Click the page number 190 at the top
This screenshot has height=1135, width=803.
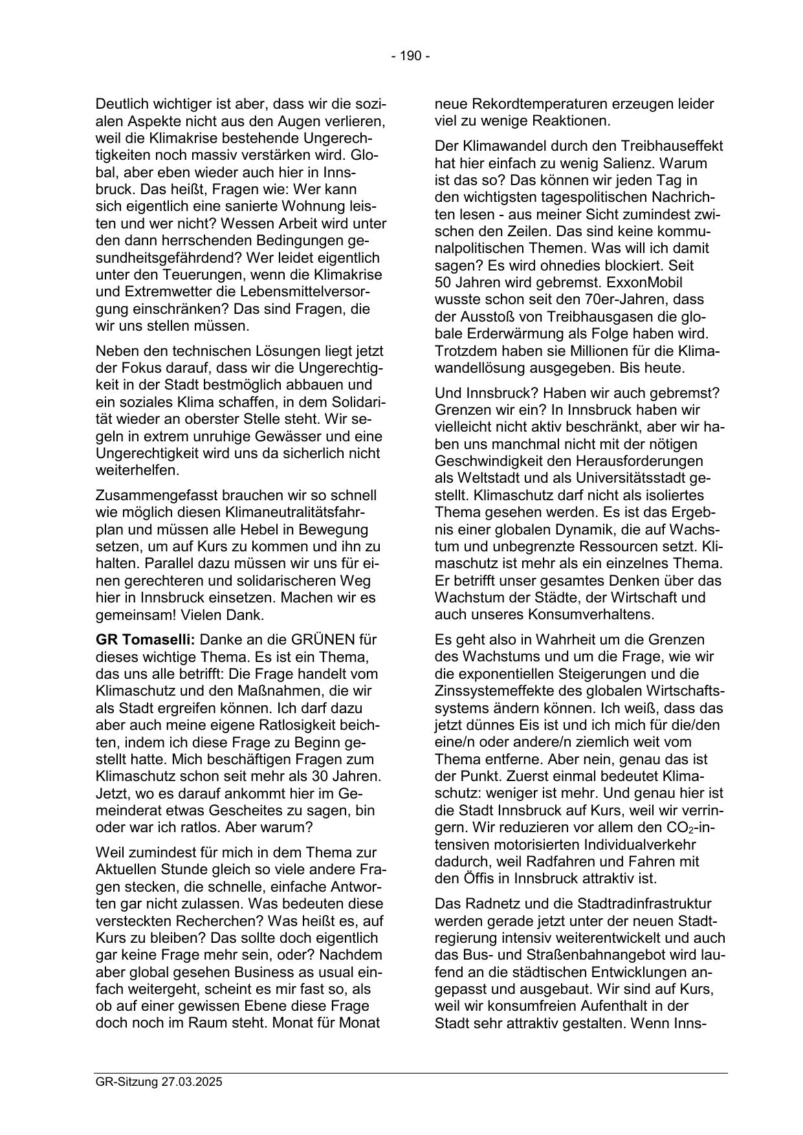point(410,56)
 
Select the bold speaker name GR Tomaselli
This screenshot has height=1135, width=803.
point(145,640)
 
